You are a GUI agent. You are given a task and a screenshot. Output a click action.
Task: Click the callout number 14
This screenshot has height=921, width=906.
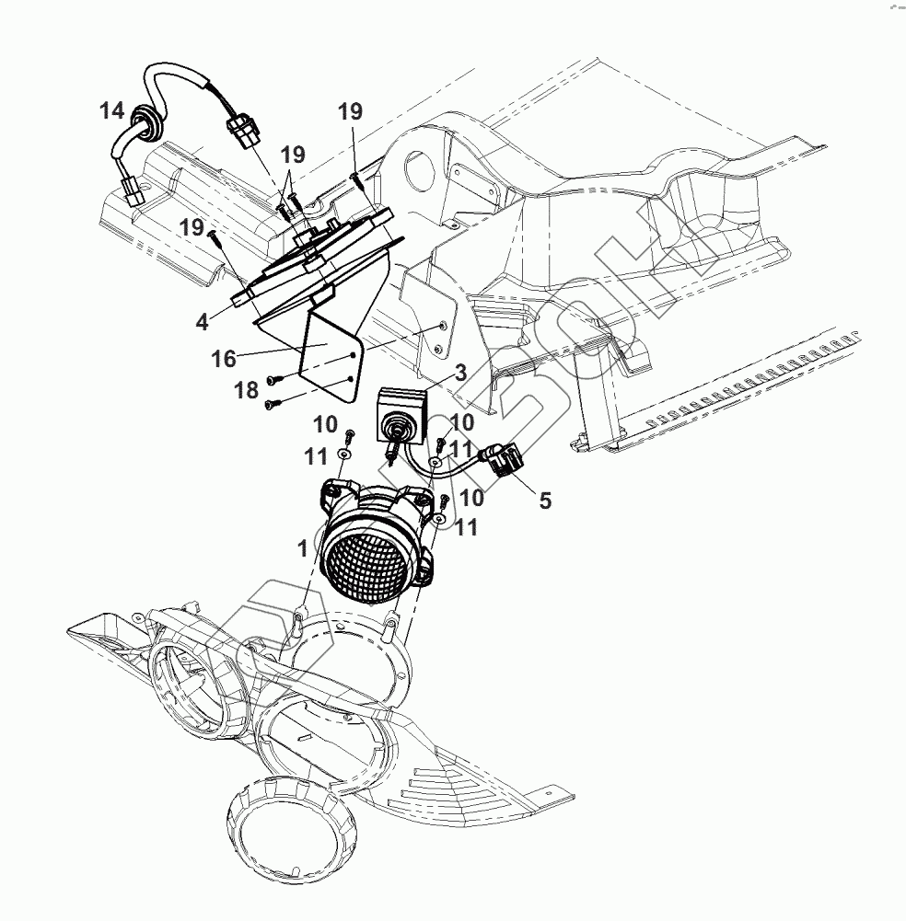[111, 111]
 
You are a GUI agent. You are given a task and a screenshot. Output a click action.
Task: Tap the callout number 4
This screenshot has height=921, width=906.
[201, 322]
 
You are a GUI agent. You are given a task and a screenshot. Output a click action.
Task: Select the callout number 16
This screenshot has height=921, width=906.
[224, 358]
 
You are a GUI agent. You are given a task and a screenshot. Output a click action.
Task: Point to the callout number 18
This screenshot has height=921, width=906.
[246, 389]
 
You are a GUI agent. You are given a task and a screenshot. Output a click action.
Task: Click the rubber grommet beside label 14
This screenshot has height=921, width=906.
[143, 120]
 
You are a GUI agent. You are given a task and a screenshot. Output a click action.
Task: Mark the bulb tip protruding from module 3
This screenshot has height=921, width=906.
[394, 450]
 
